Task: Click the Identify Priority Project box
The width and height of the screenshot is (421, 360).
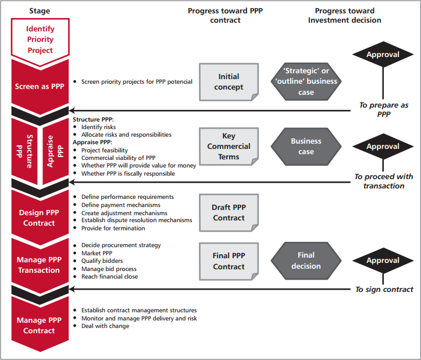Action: pos(40,39)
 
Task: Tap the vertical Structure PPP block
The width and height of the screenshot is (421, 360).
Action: pos(26,151)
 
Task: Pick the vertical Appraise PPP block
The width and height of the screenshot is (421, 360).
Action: pos(54,151)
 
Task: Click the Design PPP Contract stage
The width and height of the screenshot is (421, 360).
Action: pos(40,218)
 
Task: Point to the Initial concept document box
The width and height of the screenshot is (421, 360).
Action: pos(229,82)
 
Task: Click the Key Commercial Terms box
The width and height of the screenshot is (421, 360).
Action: pos(229,147)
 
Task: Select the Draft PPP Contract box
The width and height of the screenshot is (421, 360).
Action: pos(229,213)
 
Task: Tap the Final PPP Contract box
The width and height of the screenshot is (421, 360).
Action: pos(229,261)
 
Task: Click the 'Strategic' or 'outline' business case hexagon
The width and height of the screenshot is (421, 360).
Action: pos(306,81)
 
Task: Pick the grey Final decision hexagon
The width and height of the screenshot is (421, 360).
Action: pos(306,261)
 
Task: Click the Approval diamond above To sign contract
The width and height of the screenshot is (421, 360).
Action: pos(383,261)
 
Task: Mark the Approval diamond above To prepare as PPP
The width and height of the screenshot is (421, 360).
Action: pos(383,55)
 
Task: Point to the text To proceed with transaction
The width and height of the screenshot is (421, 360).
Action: pos(383,181)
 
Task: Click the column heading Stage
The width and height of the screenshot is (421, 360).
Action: pos(39,11)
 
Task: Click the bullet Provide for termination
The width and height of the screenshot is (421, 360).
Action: pos(113,228)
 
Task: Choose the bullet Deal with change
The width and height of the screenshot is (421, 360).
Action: pos(105,326)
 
